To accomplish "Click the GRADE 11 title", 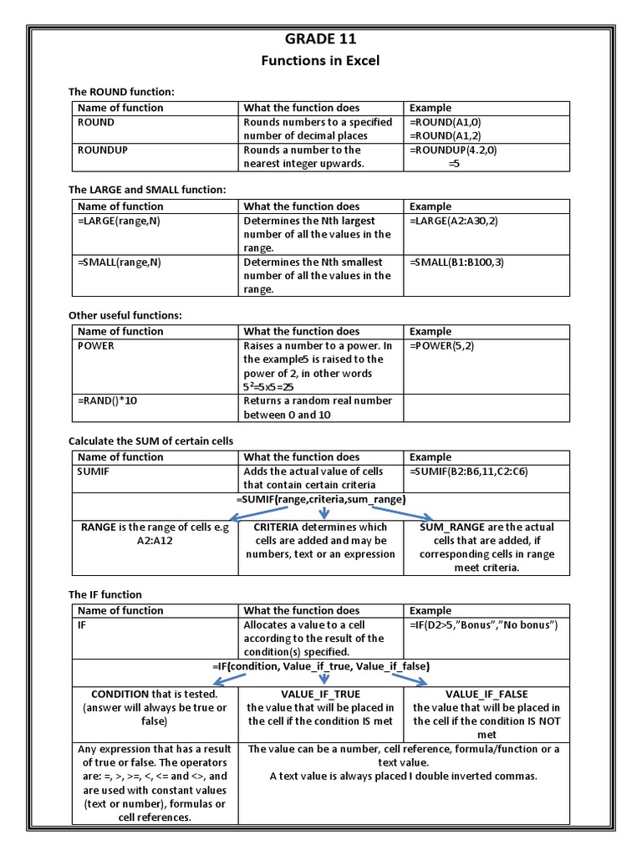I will [321, 38].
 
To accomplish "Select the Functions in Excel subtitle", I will [321, 60].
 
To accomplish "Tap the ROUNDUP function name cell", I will [102, 150].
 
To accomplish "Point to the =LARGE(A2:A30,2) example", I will [460, 221].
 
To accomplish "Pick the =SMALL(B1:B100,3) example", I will [457, 262].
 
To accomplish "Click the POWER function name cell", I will [96, 345].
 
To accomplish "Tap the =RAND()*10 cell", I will [108, 400].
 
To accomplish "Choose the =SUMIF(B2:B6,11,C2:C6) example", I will [469, 471].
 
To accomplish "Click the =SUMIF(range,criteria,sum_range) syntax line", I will [321, 499].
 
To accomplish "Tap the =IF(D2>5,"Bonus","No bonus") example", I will [483, 624].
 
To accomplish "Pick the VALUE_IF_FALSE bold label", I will [487, 694].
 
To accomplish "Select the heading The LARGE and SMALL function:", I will [147, 190].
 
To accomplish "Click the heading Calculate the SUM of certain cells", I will [150, 441].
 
